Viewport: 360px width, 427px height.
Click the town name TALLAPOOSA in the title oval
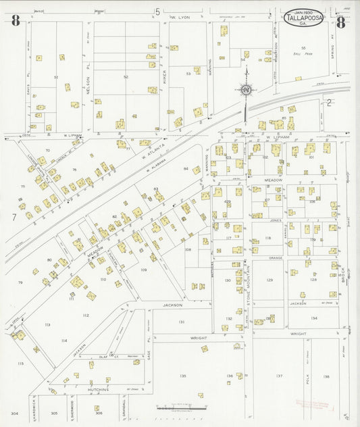[303, 20]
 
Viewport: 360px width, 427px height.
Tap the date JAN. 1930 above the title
[303, 12]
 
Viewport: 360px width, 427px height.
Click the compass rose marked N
[246, 89]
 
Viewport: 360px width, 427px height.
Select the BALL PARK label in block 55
[304, 53]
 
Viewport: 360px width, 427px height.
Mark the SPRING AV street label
[333, 47]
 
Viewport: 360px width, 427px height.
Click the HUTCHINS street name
[98, 390]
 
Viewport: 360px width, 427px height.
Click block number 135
[182, 376]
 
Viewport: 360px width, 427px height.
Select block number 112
[86, 315]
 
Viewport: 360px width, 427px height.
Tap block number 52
[126, 77]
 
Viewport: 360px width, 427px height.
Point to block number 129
[269, 280]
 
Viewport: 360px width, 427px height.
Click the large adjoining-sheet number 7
[14, 217]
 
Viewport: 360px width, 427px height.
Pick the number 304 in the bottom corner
[14, 413]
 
